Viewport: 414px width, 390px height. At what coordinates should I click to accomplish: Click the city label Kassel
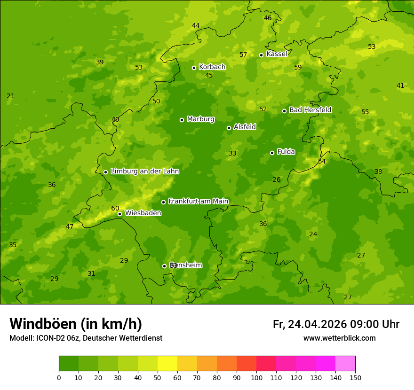[x=277, y=54]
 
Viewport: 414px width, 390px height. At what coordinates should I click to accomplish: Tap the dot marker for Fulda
[x=272, y=153]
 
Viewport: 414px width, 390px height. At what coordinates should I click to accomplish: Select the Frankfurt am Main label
[x=198, y=201]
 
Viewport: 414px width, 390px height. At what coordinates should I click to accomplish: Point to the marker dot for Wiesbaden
[x=119, y=214]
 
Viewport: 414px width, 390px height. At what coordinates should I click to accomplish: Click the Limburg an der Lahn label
[x=144, y=172]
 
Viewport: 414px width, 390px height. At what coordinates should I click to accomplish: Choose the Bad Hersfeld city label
[x=310, y=110]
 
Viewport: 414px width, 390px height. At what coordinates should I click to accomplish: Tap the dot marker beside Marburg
[x=182, y=120]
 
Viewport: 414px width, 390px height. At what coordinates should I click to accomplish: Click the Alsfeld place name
[x=245, y=127]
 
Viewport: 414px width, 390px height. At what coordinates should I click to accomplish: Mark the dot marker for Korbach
[x=194, y=68]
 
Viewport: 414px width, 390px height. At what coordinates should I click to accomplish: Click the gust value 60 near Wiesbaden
[x=115, y=208]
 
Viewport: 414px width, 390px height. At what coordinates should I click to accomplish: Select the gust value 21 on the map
[x=10, y=96]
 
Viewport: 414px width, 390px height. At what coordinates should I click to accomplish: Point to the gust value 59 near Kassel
[x=298, y=67]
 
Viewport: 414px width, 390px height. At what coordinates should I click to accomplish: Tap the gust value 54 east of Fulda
[x=322, y=161]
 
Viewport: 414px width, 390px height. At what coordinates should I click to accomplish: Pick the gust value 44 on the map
[x=196, y=25]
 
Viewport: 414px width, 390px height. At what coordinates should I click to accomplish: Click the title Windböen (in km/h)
[x=76, y=324]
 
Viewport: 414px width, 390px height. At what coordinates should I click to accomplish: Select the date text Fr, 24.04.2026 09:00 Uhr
[x=336, y=324]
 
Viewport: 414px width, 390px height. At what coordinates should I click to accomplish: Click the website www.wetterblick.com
[x=339, y=338]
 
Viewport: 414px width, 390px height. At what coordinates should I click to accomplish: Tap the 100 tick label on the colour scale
[x=256, y=377]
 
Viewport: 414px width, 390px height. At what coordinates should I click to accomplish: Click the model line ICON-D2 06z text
[x=86, y=338]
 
